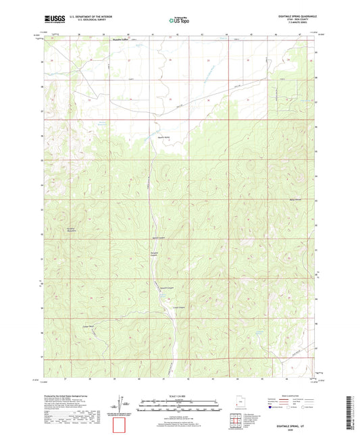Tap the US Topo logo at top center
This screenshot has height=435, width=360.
179,21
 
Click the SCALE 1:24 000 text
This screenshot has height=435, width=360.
179,394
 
